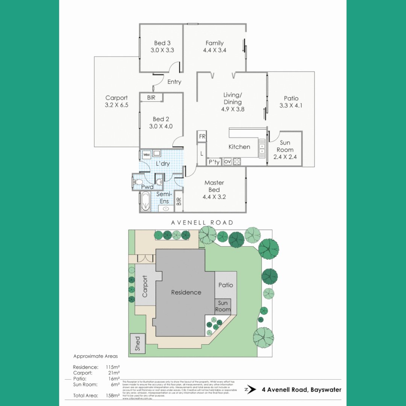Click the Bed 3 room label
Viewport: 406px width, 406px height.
point(162,43)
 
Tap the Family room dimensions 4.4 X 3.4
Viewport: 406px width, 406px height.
point(215,50)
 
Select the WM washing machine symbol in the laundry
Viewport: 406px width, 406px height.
point(145,154)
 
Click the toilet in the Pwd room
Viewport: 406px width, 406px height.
point(138,183)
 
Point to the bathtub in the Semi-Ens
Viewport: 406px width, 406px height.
point(145,202)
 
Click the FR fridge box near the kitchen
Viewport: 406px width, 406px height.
point(202,136)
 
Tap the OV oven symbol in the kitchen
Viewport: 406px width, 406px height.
point(227,162)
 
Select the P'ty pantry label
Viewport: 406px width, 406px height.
point(214,162)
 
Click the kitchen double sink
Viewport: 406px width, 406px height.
point(262,147)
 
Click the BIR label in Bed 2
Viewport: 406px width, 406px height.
point(151,97)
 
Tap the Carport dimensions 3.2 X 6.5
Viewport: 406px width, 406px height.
point(117,105)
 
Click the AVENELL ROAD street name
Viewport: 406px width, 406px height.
point(202,223)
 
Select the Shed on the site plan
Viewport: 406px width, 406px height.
point(137,344)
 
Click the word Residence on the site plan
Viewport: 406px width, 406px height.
point(186,292)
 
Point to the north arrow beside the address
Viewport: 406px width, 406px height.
point(250,389)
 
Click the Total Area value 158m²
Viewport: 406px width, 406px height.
point(113,395)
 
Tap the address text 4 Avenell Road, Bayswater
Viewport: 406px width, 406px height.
point(301,389)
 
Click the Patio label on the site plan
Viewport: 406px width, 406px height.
point(226,285)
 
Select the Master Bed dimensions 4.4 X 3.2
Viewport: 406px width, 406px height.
point(215,197)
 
